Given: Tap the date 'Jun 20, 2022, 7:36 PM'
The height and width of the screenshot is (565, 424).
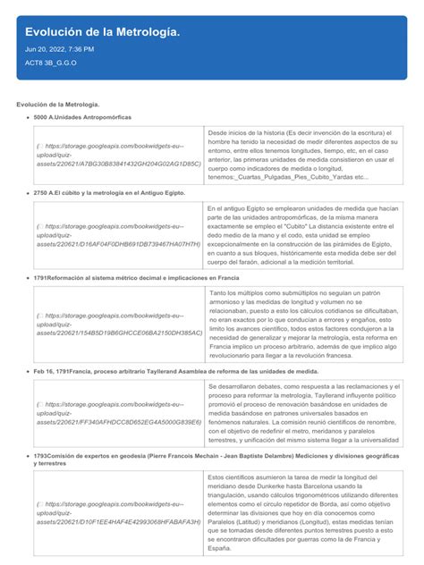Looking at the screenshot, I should [x=60, y=49].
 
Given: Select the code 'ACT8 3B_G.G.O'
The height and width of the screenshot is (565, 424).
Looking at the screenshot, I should [x=52, y=63].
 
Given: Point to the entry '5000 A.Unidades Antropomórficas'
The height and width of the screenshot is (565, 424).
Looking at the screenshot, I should [x=82, y=117].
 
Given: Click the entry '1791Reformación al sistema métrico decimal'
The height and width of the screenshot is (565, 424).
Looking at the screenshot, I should [x=136, y=278].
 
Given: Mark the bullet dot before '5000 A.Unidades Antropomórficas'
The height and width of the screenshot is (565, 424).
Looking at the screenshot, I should [x=27, y=117].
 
